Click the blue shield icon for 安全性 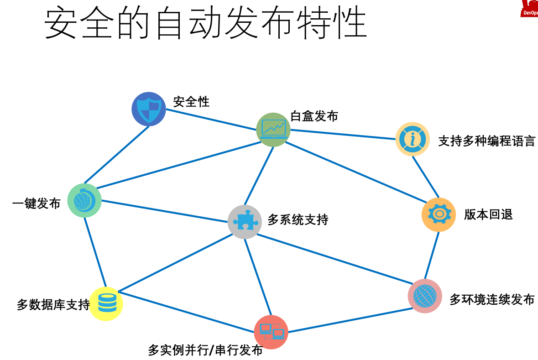click(x=149, y=109)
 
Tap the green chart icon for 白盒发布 click(x=273, y=130)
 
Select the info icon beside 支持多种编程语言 click(x=413, y=139)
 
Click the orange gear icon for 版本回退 click(x=439, y=214)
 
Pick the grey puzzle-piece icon click(x=245, y=222)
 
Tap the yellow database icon click(x=106, y=303)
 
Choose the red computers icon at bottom click(x=271, y=332)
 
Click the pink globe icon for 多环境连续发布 click(x=425, y=296)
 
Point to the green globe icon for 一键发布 click(x=84, y=200)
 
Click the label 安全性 click(x=191, y=102)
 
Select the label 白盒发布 click(x=314, y=116)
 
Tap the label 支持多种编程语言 click(x=486, y=141)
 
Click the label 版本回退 click(x=488, y=214)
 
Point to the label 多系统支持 click(x=298, y=220)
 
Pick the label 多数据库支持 click(x=53, y=305)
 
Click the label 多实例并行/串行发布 click(x=205, y=350)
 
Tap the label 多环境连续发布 click(x=492, y=300)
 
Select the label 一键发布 click(x=37, y=203)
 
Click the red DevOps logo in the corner click(x=529, y=9)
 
